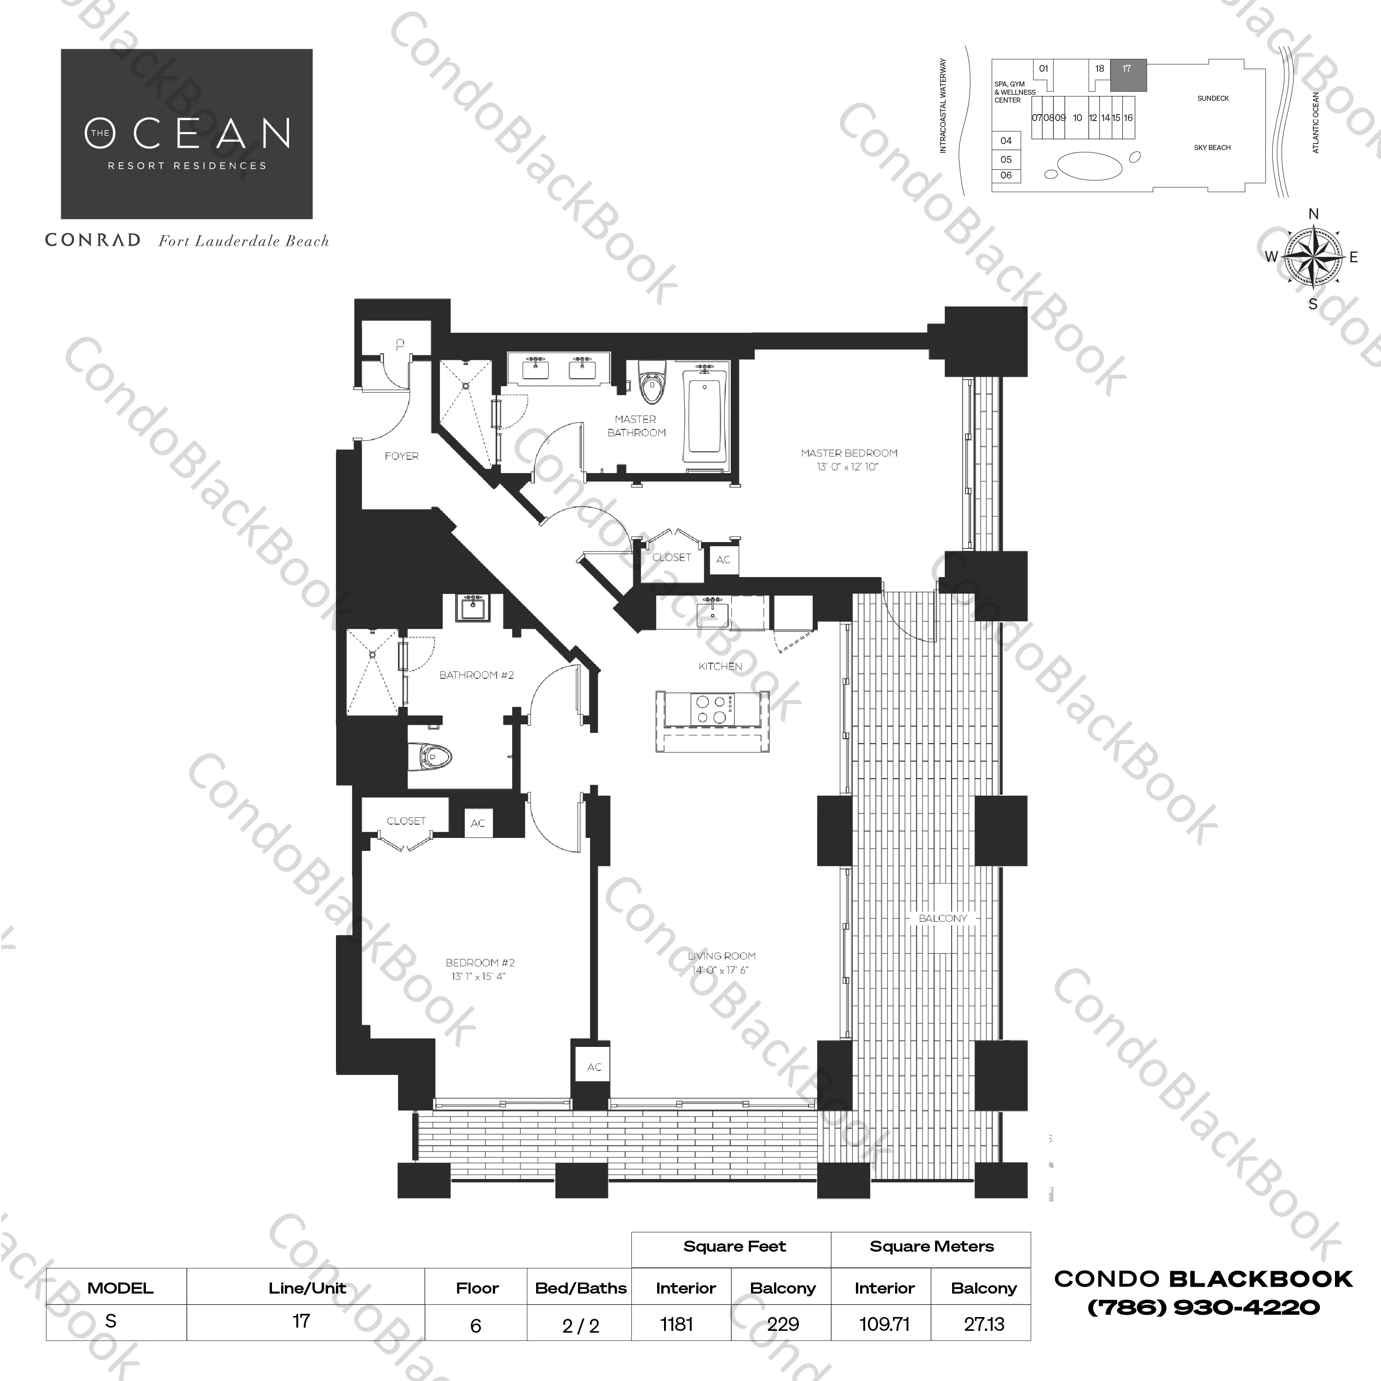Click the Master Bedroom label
pos(849,453)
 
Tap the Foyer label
pos(402,456)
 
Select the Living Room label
pos(721,956)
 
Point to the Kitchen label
pos(721,666)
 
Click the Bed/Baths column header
pos(580,1288)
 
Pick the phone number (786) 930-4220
pos(1203,1307)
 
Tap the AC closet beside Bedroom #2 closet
pos(478,823)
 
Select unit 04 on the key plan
pos(1006,141)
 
